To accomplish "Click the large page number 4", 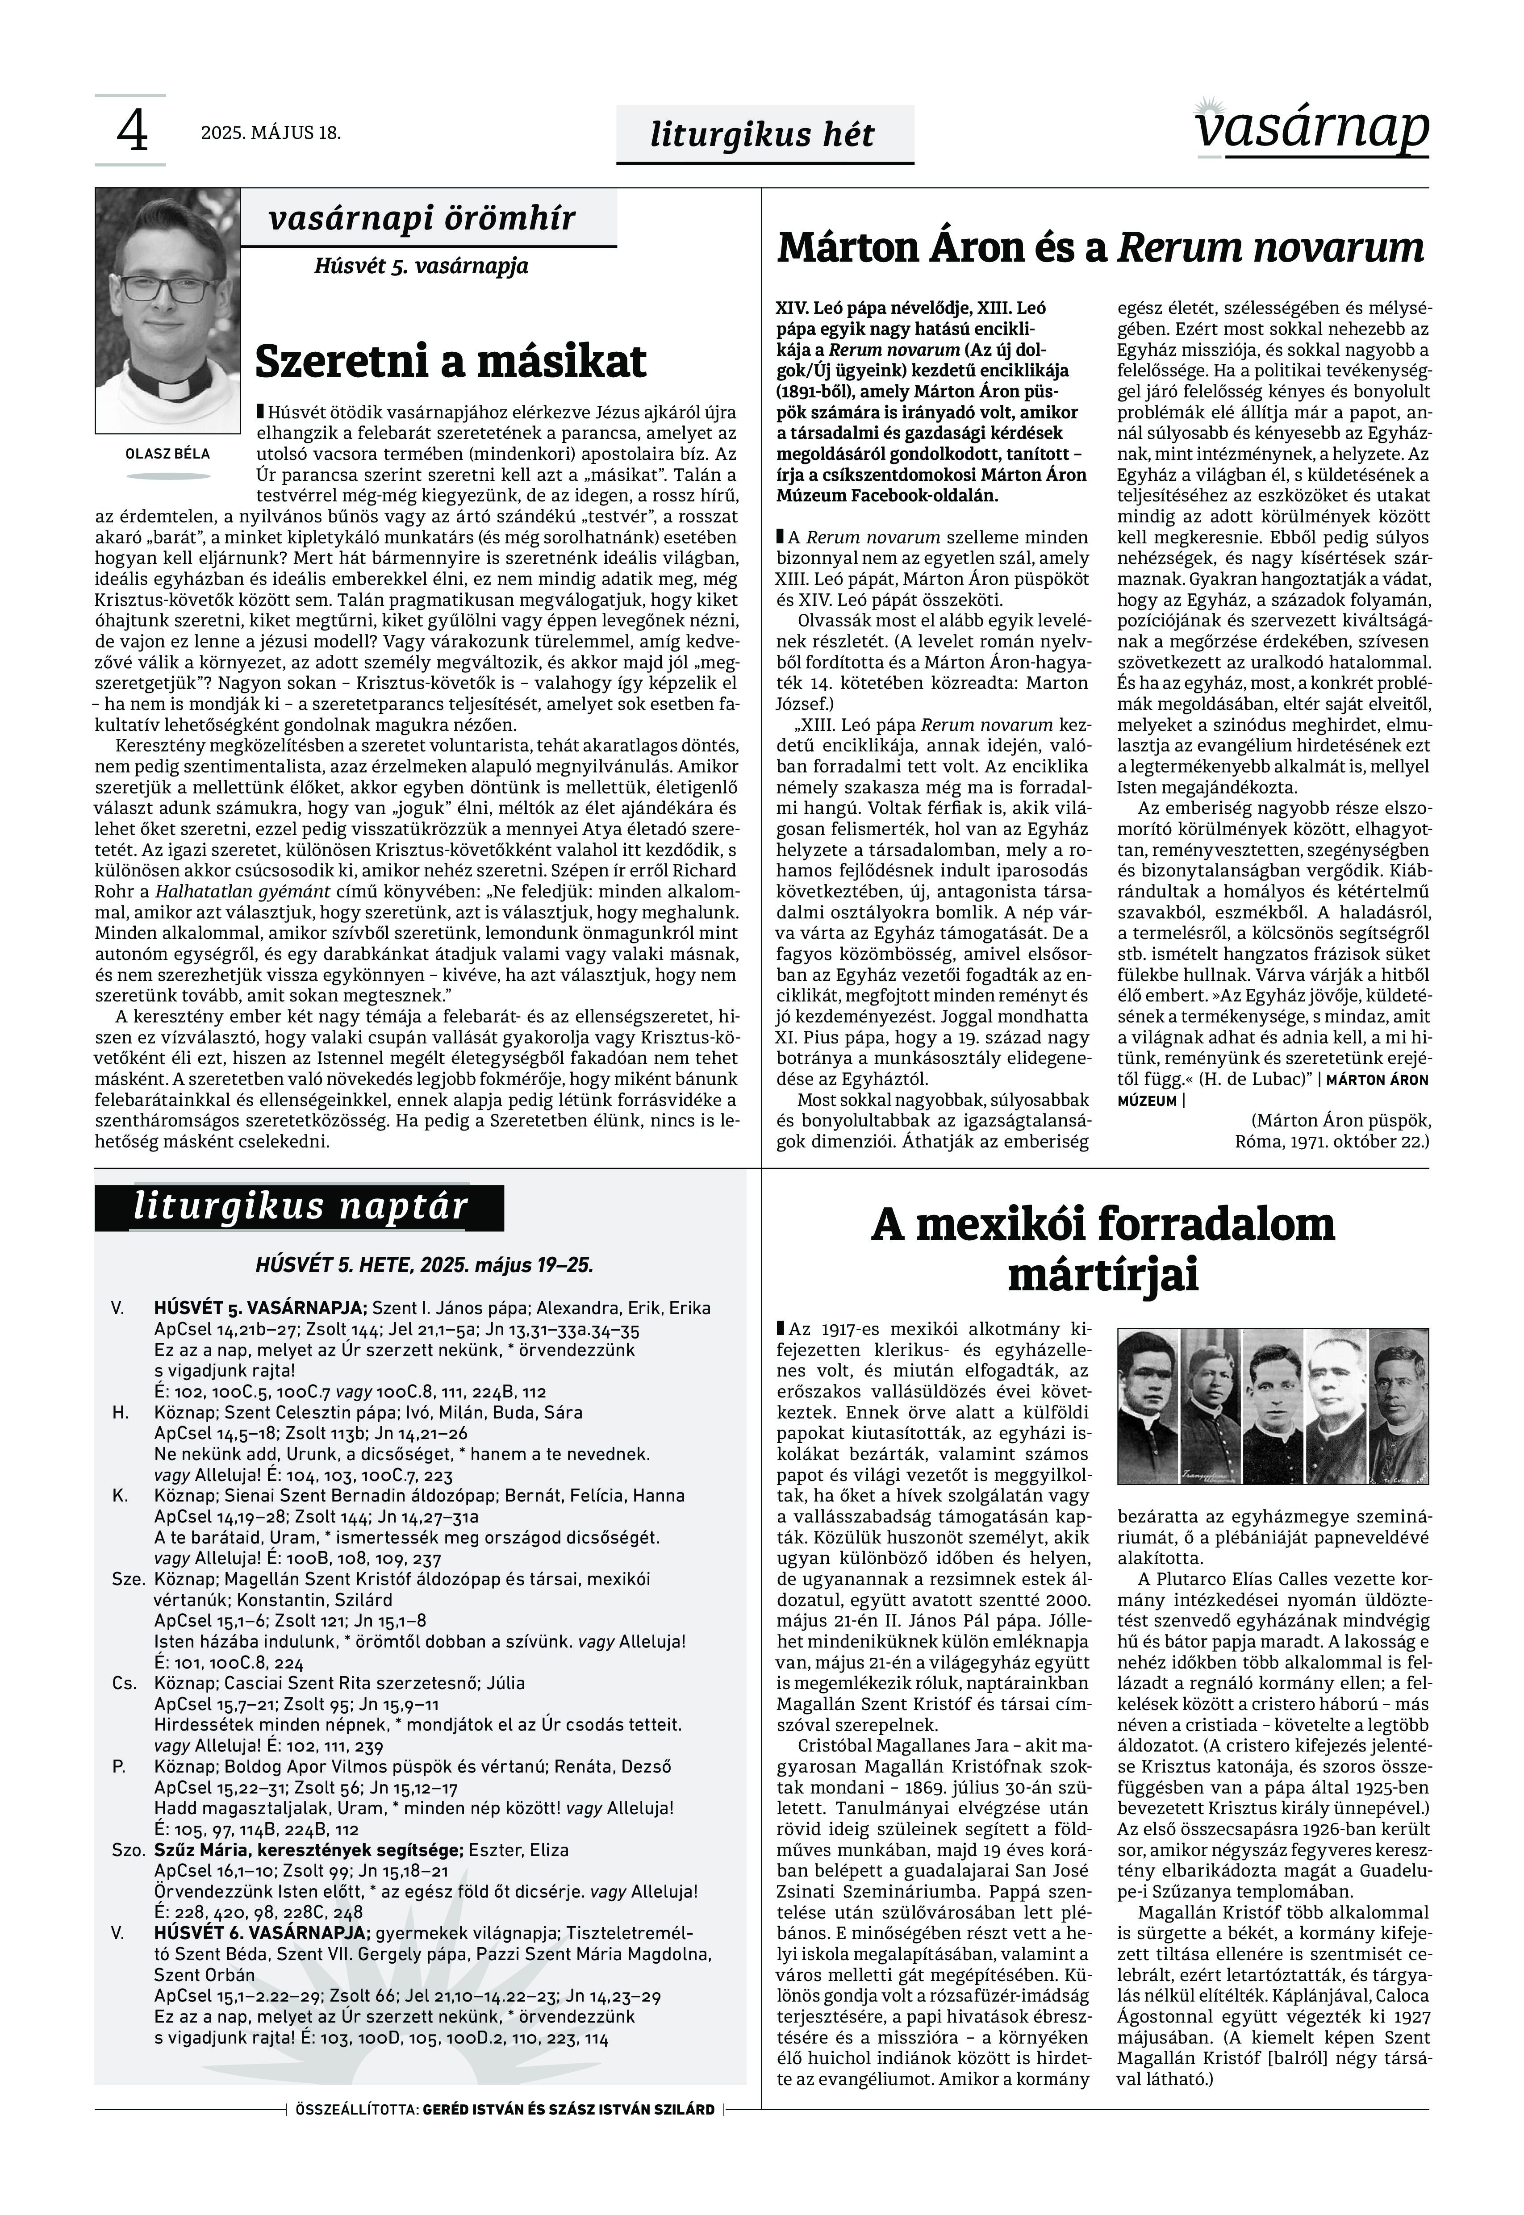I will point(132,131).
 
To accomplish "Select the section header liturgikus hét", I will point(763,135).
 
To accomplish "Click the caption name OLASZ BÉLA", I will point(168,454).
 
